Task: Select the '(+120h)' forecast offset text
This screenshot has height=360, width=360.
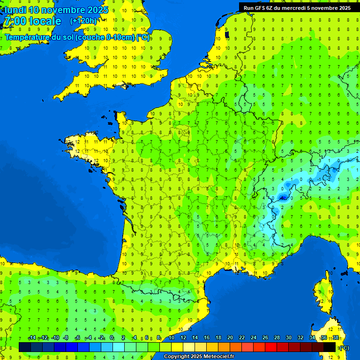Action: coord(83,21)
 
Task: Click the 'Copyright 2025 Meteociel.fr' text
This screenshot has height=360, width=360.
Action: coord(199,356)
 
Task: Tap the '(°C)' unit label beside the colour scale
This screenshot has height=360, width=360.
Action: coord(344,347)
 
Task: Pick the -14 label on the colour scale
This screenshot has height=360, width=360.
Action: coord(32,338)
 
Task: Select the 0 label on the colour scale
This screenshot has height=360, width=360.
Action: coord(112,338)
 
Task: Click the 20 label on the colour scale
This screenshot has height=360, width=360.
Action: coord(230,338)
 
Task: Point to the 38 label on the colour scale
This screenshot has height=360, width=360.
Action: coord(335,338)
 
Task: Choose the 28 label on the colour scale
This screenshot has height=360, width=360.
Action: coord(277,338)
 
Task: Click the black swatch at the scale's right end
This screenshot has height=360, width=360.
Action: coord(330,347)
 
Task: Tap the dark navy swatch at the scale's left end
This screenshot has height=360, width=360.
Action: coord(25,347)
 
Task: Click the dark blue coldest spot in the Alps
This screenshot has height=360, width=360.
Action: coord(283,198)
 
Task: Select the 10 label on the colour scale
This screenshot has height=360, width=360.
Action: coord(171,338)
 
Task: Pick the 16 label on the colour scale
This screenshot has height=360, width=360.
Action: coord(206,338)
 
